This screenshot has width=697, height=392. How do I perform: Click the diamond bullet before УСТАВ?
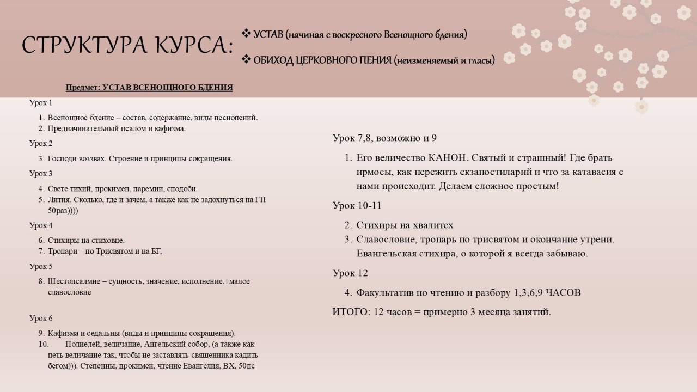click(246, 34)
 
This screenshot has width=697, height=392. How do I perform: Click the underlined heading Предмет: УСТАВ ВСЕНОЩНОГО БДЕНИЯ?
click(149, 88)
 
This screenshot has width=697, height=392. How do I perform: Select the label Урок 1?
click(41, 102)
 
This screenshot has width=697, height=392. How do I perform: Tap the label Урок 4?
click(41, 225)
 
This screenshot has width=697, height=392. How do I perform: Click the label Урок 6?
click(41, 318)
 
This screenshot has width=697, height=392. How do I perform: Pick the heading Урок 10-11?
click(357, 205)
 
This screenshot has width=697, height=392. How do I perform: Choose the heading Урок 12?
click(350, 273)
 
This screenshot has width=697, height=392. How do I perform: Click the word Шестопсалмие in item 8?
click(72, 281)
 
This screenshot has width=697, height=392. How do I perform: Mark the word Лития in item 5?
click(57, 199)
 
